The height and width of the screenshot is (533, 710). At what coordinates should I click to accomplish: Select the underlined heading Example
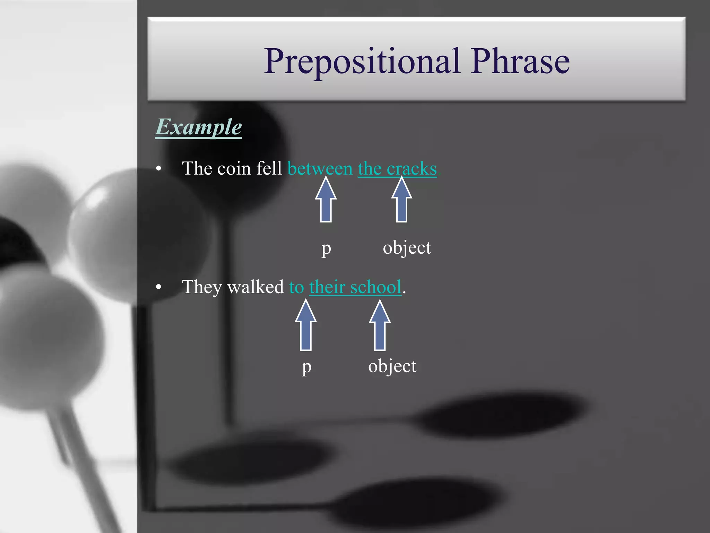[x=198, y=127]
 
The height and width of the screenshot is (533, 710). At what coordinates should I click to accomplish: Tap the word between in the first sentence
[x=320, y=169]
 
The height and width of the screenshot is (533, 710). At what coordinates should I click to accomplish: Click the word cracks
[x=412, y=169]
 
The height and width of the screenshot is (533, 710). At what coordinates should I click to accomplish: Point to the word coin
[x=234, y=169]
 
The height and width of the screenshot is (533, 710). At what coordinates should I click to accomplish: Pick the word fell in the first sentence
[x=269, y=169]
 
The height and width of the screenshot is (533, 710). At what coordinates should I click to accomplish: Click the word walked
[x=256, y=287]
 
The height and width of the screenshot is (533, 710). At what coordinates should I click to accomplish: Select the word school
[x=376, y=287]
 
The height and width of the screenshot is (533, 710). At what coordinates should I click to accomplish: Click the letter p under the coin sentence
[x=326, y=248]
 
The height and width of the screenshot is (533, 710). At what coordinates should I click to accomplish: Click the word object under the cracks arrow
[x=407, y=248]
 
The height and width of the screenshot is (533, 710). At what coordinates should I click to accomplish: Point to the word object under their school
[x=392, y=366]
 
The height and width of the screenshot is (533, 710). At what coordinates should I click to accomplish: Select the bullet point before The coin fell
[x=159, y=169]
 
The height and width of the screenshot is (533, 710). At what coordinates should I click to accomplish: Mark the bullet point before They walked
[x=159, y=287]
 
